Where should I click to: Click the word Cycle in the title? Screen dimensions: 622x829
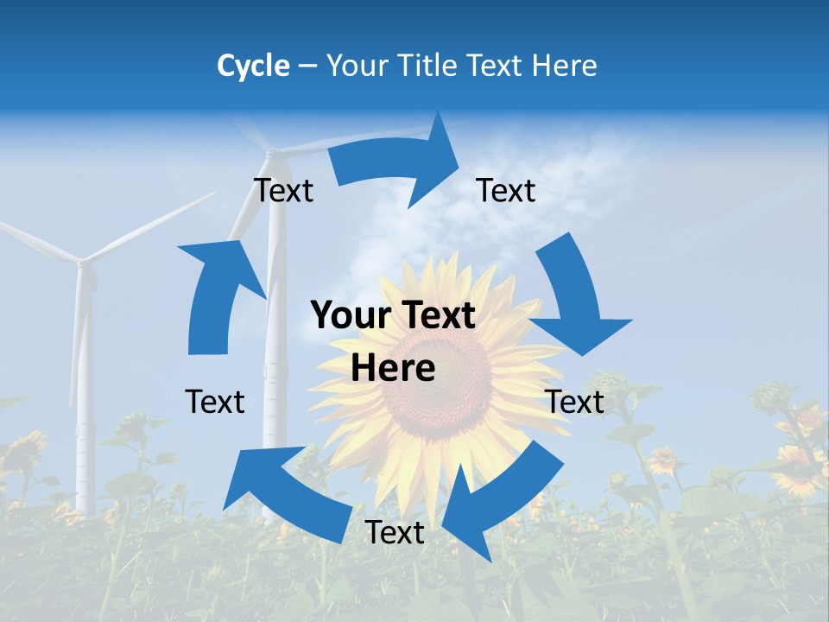click(x=253, y=66)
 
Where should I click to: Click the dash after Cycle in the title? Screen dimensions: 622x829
click(x=307, y=67)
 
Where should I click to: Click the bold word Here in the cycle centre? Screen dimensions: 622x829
click(x=393, y=368)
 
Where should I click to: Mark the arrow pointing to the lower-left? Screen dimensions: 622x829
click(x=276, y=492)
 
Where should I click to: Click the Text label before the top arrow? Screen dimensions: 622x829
click(x=283, y=190)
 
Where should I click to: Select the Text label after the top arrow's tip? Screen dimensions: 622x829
click(x=506, y=190)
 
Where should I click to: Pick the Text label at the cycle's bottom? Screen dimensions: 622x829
click(x=395, y=532)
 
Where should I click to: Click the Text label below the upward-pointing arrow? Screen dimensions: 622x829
click(x=215, y=402)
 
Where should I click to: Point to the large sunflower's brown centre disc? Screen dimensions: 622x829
click(x=440, y=380)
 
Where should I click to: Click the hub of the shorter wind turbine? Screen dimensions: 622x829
click(x=82, y=260)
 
